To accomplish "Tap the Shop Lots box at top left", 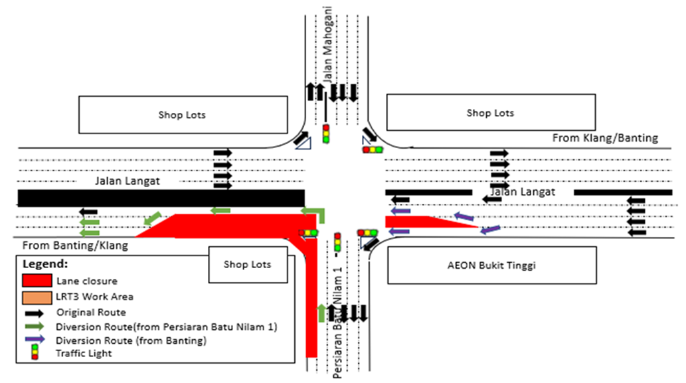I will [x=182, y=115].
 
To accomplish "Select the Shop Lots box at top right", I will [x=490, y=114].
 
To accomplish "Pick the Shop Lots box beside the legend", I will [x=246, y=264].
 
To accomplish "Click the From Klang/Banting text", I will [x=605, y=138].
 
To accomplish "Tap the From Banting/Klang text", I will [x=75, y=245].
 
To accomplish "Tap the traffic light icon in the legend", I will [x=35, y=354].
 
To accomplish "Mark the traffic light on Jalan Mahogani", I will [x=326, y=133].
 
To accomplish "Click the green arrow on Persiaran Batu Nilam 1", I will [x=322, y=311].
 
